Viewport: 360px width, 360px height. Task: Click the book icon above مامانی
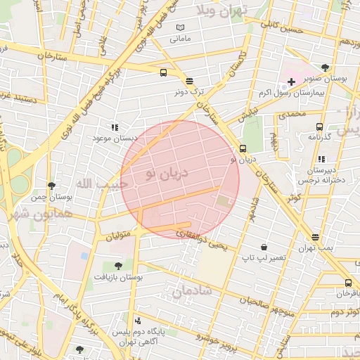click(x=181, y=27)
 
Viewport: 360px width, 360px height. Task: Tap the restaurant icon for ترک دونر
click(x=189, y=81)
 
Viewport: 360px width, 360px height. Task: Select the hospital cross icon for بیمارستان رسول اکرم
click(x=291, y=82)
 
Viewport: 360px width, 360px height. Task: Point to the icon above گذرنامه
click(x=320, y=127)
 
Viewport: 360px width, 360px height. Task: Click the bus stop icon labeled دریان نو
click(x=243, y=148)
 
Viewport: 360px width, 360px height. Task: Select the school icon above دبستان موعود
click(x=114, y=127)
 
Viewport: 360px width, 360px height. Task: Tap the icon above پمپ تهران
click(x=314, y=237)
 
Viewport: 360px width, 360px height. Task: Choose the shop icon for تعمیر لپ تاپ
click(x=264, y=247)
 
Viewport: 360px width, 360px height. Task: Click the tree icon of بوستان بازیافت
click(x=117, y=266)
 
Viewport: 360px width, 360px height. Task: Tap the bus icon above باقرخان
click(x=347, y=283)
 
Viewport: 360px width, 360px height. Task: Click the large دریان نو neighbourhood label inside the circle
click(x=167, y=172)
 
